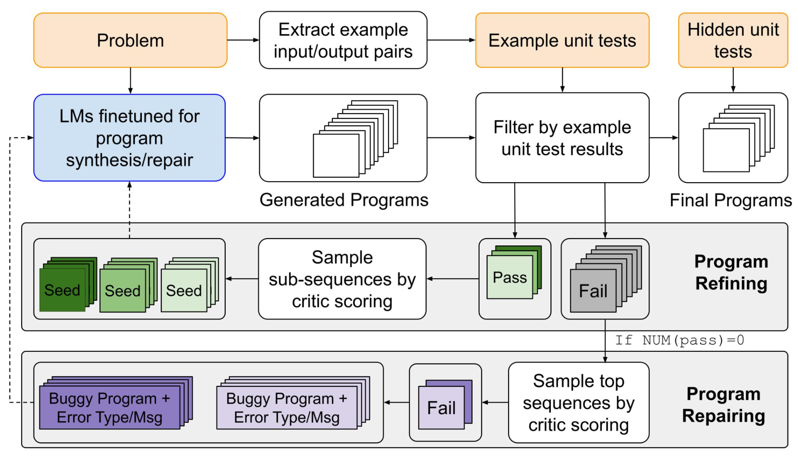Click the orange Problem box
pyautogui.click(x=130, y=40)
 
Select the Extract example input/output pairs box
pyautogui.click(x=343, y=40)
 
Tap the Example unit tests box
pyautogui.click(x=562, y=40)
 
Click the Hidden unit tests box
pyautogui.click(x=733, y=40)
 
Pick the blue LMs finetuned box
pyautogui.click(x=129, y=138)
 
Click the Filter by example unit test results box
pyautogui.click(x=562, y=138)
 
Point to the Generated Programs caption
pyautogui.click(x=344, y=200)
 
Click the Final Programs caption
pyautogui.click(x=731, y=200)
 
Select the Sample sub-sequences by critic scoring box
pyautogui.click(x=342, y=279)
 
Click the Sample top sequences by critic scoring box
pyautogui.click(x=579, y=403)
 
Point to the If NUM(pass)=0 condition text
pyautogui.click(x=679, y=340)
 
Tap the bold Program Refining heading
pyautogui.click(x=731, y=272)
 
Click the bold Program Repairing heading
pyautogui.click(x=723, y=405)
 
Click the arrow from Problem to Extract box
pyautogui.click(x=243, y=40)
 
